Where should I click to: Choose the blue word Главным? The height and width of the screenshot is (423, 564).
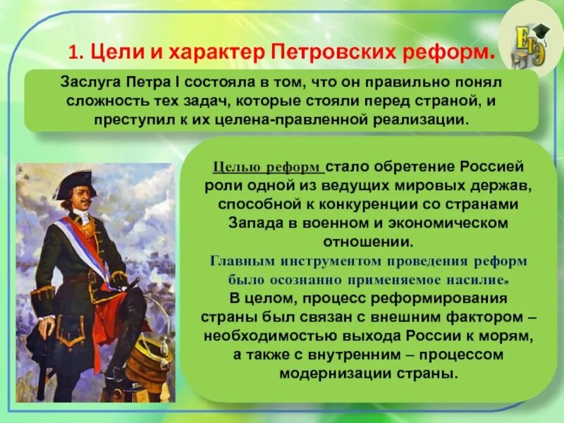tap(242, 259)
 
